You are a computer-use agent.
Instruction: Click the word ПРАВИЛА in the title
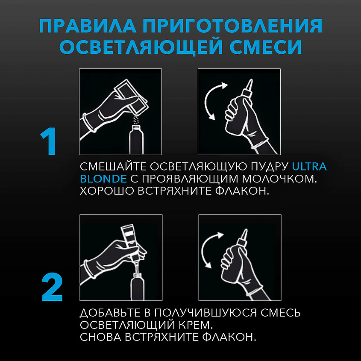(88, 26)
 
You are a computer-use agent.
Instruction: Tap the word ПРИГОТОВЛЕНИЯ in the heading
(232, 26)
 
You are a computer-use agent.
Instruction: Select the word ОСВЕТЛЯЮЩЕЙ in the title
(141, 47)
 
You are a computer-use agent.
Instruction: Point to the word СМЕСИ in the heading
(265, 47)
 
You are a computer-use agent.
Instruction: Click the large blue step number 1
(49, 141)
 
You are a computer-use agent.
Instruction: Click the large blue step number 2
(52, 287)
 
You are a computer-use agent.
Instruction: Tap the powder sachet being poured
(132, 97)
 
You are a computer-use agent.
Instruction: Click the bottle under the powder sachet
(136, 140)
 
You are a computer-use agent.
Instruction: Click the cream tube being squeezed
(130, 242)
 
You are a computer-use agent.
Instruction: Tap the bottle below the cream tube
(138, 287)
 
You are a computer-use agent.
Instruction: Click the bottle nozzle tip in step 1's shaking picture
(251, 80)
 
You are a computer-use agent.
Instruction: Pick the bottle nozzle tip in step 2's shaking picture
(246, 229)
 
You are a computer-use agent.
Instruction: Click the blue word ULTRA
(309, 167)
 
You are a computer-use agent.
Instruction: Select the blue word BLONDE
(103, 179)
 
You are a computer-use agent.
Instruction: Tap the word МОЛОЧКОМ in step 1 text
(279, 179)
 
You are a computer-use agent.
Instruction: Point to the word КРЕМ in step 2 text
(196, 325)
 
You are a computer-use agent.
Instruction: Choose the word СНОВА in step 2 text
(101, 337)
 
